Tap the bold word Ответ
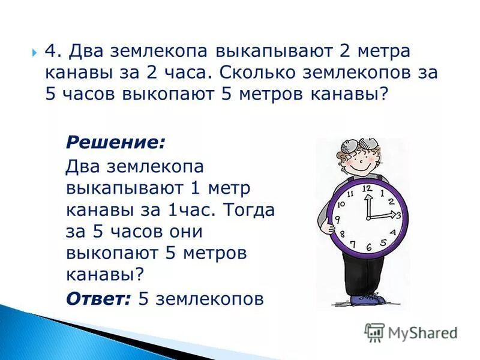click(98, 298)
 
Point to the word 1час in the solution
click(189, 210)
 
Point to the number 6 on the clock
click(368, 246)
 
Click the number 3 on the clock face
click(397, 214)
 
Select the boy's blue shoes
click(367, 298)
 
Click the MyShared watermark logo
click(411, 332)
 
